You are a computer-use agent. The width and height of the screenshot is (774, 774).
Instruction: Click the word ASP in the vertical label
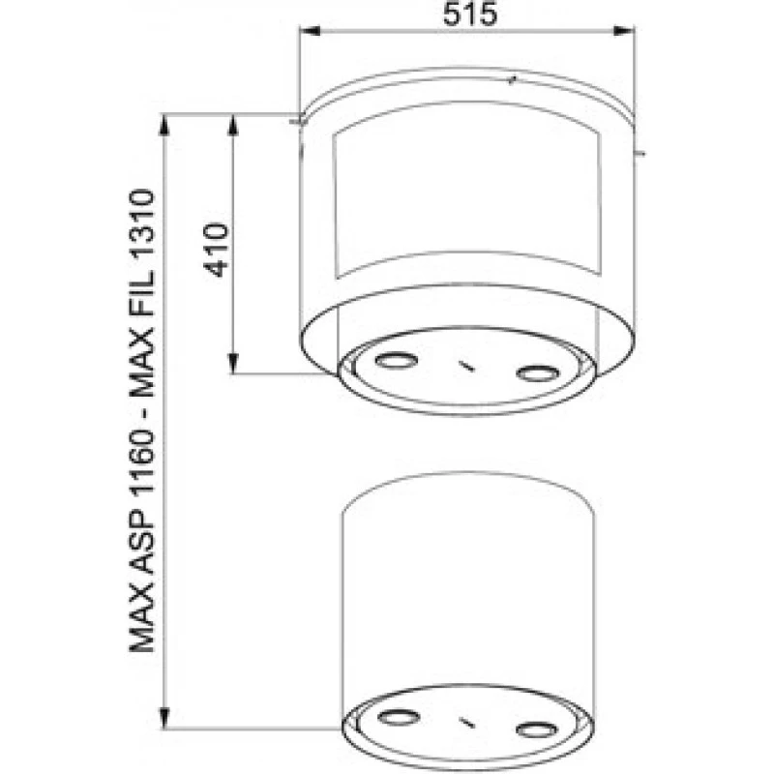(143, 547)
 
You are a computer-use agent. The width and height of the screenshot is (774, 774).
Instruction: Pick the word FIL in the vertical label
(143, 303)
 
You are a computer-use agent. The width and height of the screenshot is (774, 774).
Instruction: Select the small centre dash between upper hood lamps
(465, 366)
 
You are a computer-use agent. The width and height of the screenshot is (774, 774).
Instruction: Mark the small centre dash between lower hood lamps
(465, 722)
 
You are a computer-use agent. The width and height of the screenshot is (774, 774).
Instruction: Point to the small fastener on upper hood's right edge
(640, 152)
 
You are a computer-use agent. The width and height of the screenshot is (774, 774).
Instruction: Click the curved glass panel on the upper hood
(464, 198)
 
